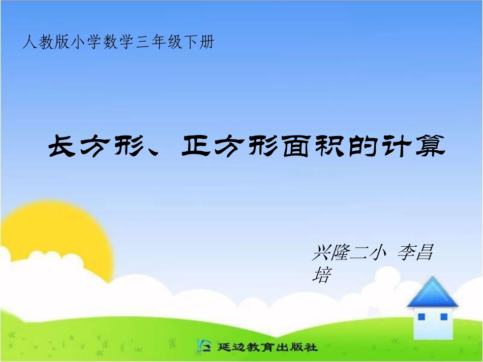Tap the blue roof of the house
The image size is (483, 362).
tap(432, 293)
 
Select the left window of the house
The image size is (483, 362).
tap(421, 317)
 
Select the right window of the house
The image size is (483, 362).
tap(443, 317)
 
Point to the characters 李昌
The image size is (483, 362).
tap(415, 252)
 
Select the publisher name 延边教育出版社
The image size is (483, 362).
tap(266, 347)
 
